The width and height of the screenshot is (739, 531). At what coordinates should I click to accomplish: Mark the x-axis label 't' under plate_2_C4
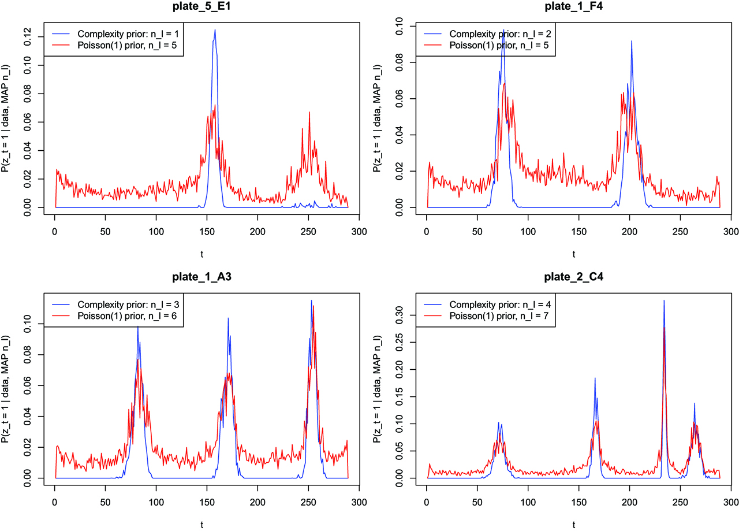573,523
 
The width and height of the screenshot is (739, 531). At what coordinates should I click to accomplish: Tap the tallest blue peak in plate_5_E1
215,30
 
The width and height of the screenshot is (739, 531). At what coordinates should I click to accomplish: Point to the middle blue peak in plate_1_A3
228,318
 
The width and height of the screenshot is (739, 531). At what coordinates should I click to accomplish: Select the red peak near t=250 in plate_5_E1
309,113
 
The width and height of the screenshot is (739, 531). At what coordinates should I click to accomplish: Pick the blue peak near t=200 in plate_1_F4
632,41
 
